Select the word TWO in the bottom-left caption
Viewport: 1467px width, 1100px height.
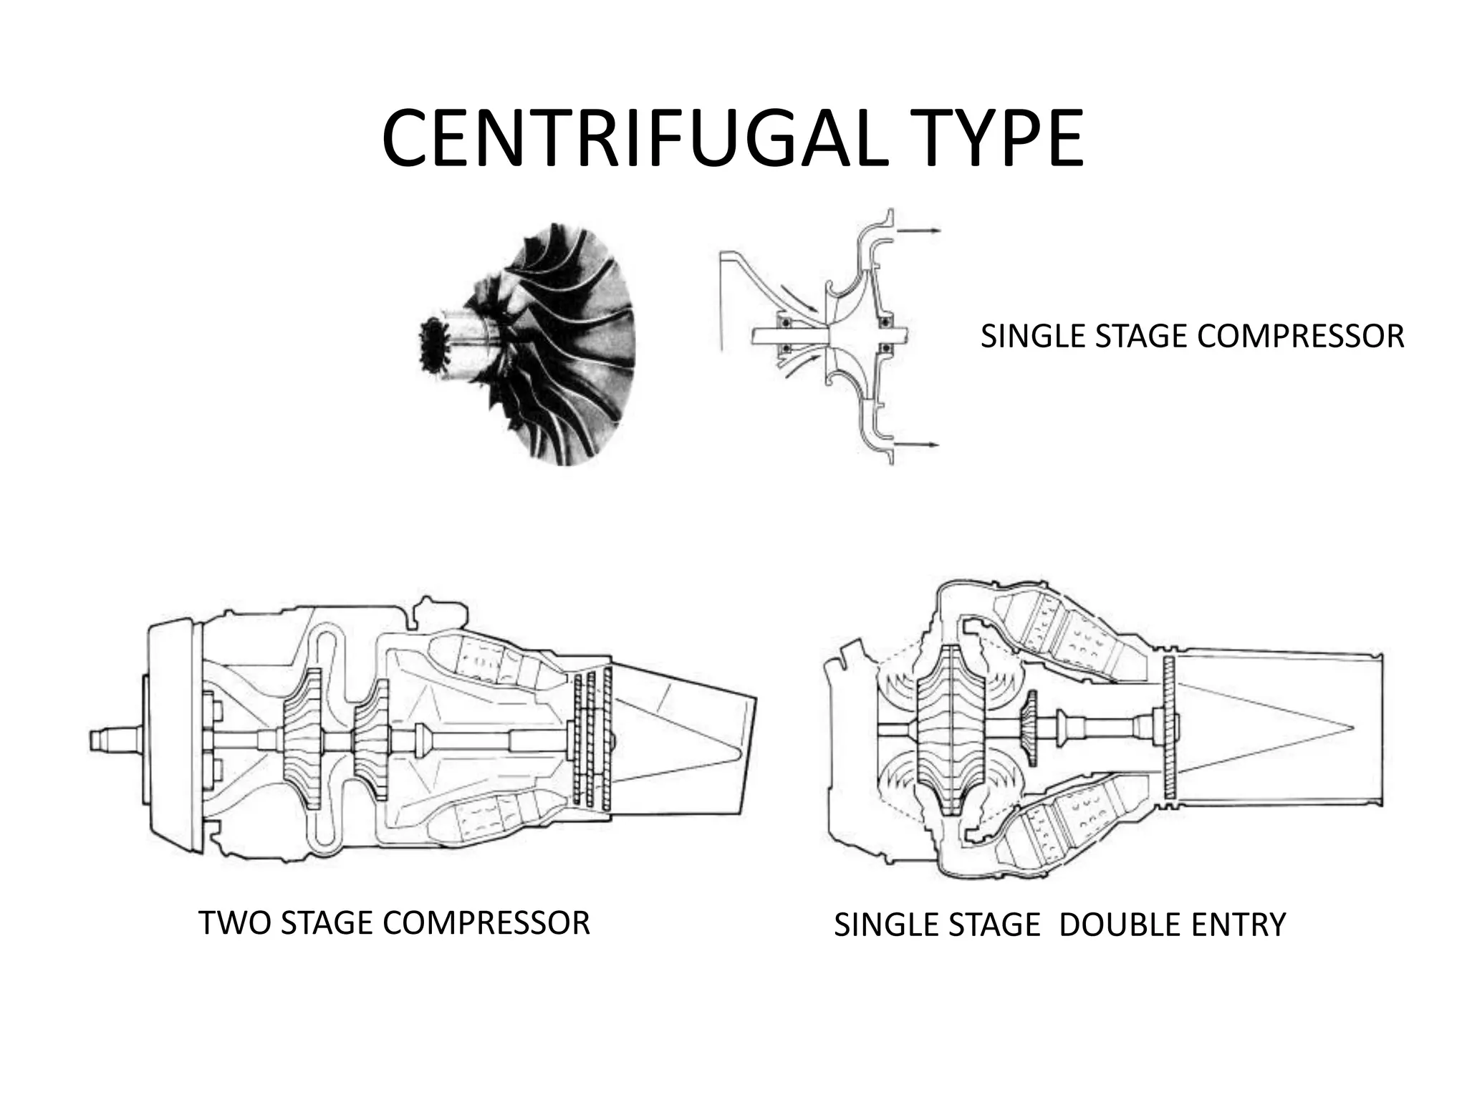tap(235, 923)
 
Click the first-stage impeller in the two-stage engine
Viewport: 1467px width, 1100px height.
tap(302, 739)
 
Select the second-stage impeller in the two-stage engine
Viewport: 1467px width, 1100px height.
tap(372, 739)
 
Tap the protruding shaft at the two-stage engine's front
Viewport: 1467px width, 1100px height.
tap(115, 739)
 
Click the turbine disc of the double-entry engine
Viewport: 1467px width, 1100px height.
tap(1170, 728)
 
